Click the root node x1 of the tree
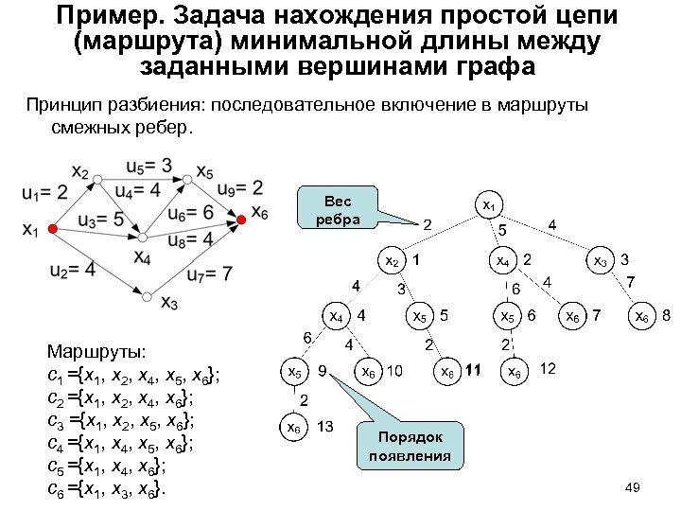[489, 204]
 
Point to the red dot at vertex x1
[54, 230]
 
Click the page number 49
[634, 486]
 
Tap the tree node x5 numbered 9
[296, 372]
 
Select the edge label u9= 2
[237, 187]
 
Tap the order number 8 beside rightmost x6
[666, 313]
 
